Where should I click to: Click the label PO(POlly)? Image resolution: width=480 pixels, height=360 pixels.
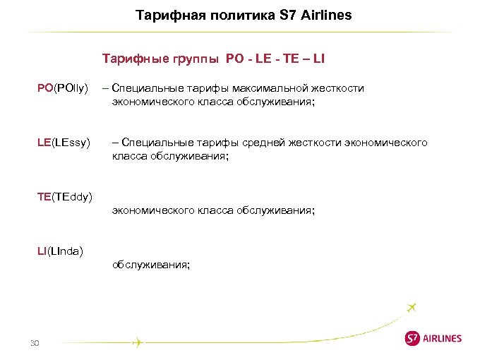(x=62, y=88)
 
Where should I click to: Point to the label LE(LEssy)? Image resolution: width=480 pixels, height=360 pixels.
(x=64, y=143)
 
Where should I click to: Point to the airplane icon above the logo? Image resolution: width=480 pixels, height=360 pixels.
(x=412, y=308)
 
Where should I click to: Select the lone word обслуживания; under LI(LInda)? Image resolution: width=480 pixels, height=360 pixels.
(x=150, y=265)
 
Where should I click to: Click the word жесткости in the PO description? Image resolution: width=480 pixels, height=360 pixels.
(x=339, y=88)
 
